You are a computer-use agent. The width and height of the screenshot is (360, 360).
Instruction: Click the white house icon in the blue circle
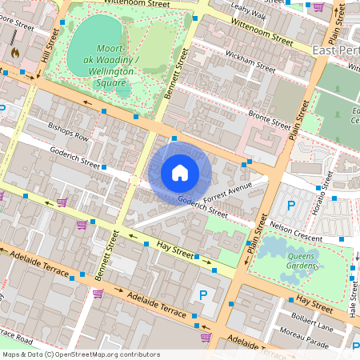180,172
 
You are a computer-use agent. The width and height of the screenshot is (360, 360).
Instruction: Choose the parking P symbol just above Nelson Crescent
291,207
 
